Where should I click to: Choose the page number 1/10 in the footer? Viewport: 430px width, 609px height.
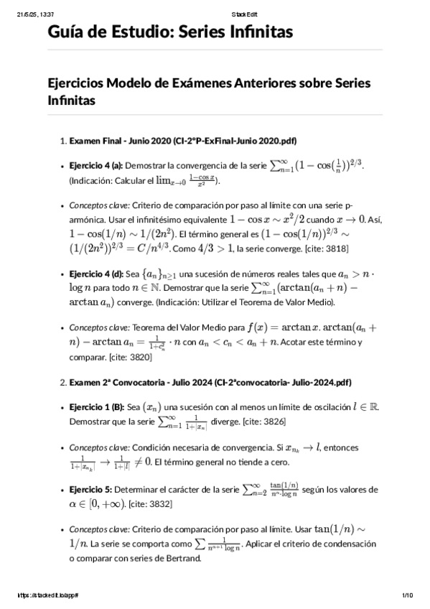point(406,595)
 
